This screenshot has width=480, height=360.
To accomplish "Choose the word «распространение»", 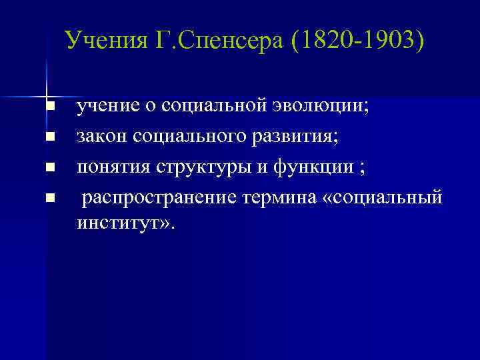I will click(157, 198).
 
